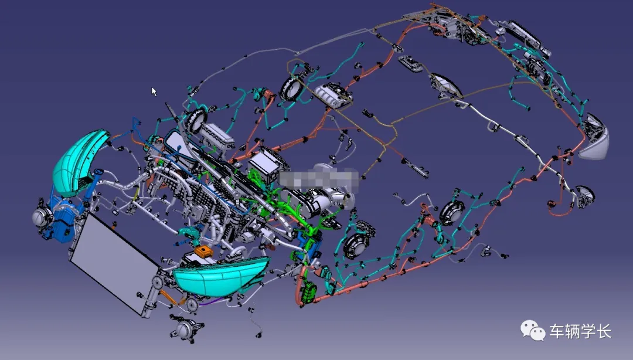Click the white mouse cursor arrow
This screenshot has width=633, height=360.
(x=154, y=91)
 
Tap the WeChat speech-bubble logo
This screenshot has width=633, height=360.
(x=533, y=330)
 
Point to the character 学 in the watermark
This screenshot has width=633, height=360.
(x=588, y=331)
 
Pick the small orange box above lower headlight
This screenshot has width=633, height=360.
(x=204, y=252)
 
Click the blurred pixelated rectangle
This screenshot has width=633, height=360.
(x=319, y=179)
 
